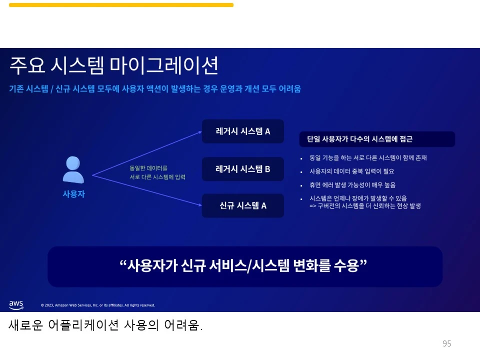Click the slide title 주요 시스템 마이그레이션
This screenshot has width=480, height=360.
tap(114, 65)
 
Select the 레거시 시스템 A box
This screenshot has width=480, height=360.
tap(242, 131)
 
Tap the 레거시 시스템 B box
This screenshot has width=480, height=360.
tap(242, 169)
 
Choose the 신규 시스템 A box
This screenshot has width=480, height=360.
tap(242, 205)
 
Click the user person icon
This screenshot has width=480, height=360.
tap(73, 170)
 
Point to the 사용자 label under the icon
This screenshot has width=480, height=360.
tap(73, 194)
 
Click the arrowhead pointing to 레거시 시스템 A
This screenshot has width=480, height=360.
tap(198, 132)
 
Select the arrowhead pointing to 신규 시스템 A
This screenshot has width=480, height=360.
tap(198, 204)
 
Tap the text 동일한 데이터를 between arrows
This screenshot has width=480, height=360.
tap(148, 168)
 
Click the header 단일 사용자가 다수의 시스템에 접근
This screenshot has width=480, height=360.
tap(377, 139)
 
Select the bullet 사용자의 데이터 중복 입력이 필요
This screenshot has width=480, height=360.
tap(352, 171)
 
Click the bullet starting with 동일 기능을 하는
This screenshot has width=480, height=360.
tap(368, 158)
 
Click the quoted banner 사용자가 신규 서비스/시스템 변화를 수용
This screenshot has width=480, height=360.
tap(244, 265)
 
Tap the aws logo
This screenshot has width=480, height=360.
tap(16, 304)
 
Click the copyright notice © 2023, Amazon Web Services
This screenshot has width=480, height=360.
tap(97, 305)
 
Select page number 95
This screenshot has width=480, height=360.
tap(446, 343)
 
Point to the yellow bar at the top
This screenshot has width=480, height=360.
tap(121, 5)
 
